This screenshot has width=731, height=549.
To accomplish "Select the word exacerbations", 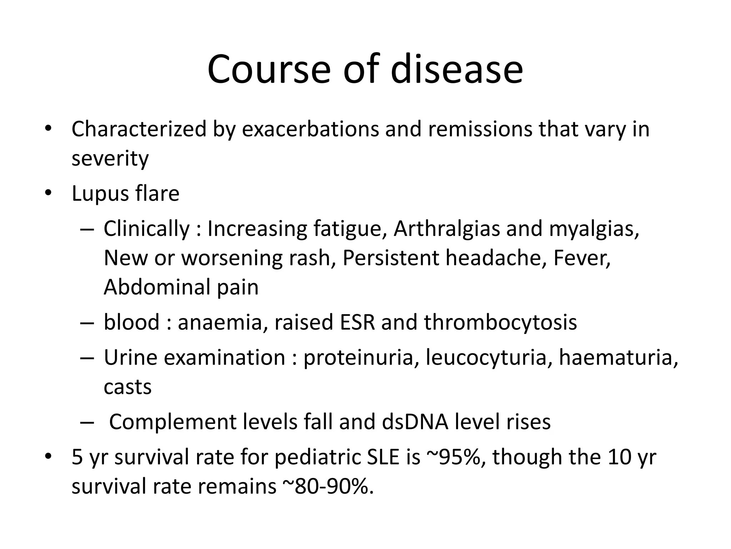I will pyautogui.click(x=310, y=129).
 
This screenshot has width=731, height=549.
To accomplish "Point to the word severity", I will pyautogui.click(x=110, y=158).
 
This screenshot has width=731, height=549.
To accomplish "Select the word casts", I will pyautogui.click(x=127, y=387).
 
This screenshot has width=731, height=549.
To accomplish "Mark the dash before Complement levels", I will pyautogui.click(x=87, y=422).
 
